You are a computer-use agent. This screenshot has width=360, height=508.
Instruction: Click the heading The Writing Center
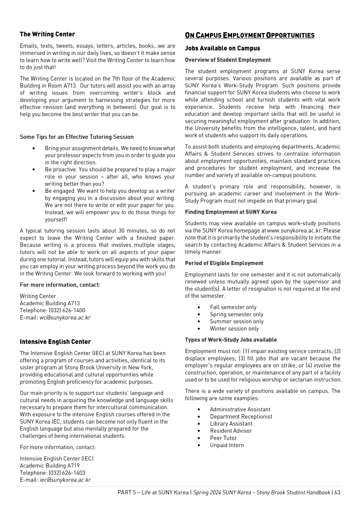coord(47,34)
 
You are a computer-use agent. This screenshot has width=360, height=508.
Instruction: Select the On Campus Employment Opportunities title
coord(249,35)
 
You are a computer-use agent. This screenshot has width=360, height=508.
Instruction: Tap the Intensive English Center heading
coord(55,342)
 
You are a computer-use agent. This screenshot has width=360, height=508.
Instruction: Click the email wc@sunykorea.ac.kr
coord(65,318)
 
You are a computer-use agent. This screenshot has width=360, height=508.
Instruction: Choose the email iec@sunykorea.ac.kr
coord(65,480)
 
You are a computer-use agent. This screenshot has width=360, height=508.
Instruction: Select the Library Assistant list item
coord(231,424)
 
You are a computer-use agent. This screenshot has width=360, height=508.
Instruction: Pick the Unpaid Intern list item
coord(227,445)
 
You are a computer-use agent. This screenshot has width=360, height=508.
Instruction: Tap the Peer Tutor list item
coord(223,438)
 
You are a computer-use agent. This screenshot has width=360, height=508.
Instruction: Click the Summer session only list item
coord(236,322)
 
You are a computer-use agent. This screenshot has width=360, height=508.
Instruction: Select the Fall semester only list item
coord(233,307)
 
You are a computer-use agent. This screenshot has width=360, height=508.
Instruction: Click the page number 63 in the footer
coord(337,493)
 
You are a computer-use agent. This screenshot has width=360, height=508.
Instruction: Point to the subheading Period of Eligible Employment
coord(224,263)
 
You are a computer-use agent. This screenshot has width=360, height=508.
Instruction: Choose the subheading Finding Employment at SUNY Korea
coord(231,212)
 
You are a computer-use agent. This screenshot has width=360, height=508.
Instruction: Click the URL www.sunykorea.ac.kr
coord(294,231)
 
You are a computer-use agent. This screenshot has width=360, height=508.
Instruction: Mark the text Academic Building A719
coord(50,466)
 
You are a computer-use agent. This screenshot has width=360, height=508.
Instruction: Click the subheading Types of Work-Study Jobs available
coord(231,340)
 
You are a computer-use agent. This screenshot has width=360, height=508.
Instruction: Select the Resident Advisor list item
coord(231,431)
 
